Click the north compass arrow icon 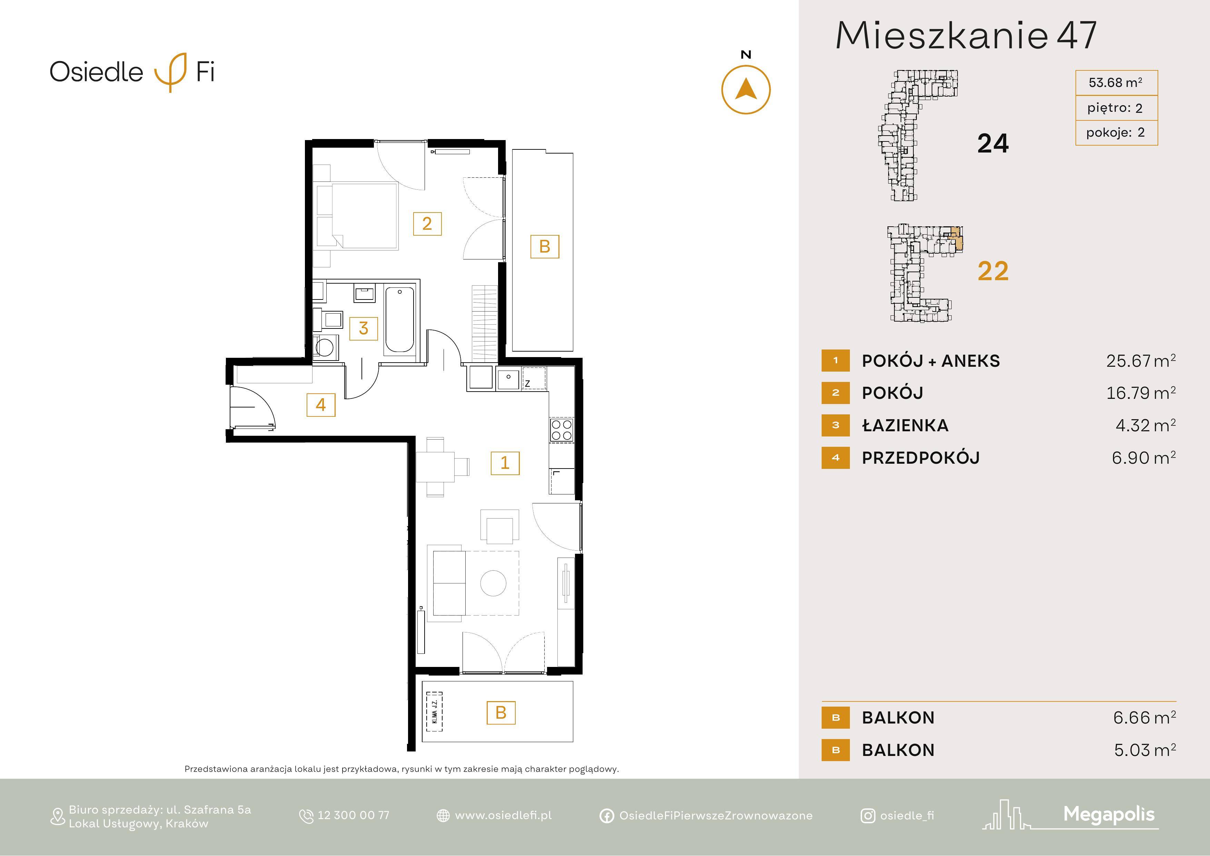tap(746, 90)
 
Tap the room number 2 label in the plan tap(427, 224)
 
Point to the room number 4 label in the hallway tap(320, 405)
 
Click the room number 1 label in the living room tap(505, 463)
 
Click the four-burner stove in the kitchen tap(561, 429)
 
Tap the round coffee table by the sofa tap(493, 583)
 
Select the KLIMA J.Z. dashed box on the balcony tap(434, 711)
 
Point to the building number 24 tap(993, 144)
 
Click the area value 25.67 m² tap(1141, 361)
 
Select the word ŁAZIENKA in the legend tap(905, 425)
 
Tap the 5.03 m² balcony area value tap(1145, 749)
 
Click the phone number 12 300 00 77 tap(353, 815)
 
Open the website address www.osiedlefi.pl tap(503, 815)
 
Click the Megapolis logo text tap(1109, 814)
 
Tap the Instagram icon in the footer tap(867, 816)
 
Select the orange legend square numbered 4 tap(835, 457)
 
